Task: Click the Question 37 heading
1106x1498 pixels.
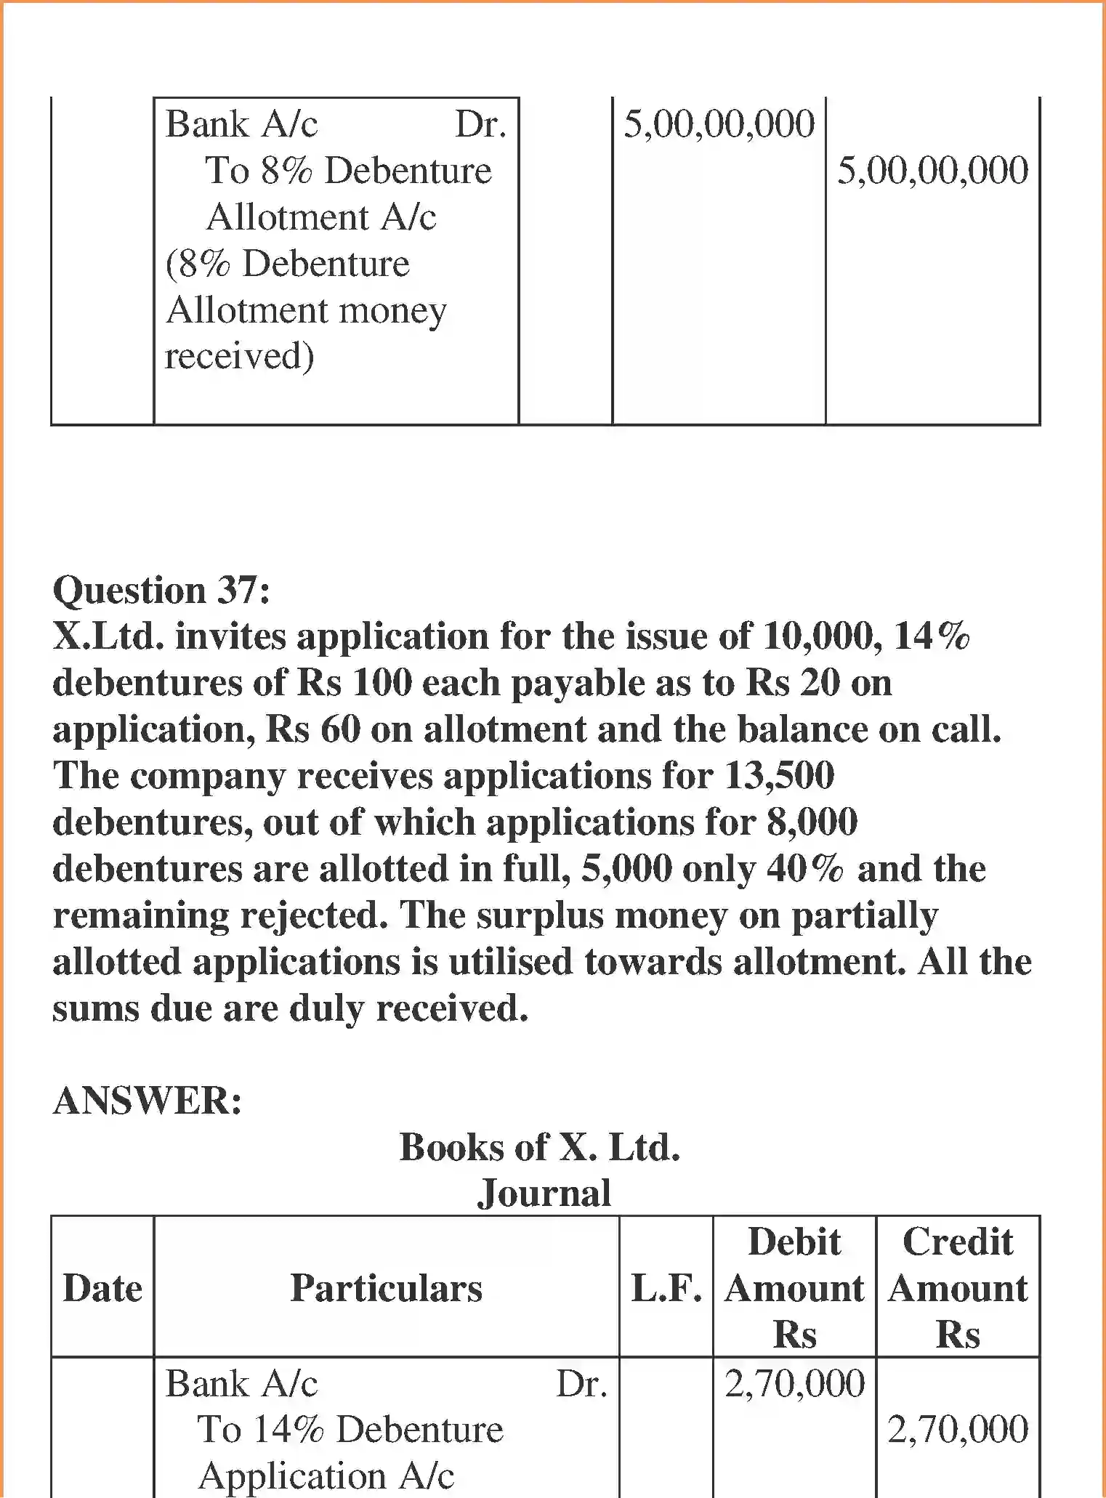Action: click(x=161, y=590)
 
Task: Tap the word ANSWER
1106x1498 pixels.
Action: click(x=148, y=1101)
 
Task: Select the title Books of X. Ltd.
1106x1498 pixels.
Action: click(x=540, y=1147)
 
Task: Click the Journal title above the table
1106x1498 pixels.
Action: click(x=544, y=1194)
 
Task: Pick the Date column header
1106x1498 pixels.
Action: click(x=102, y=1288)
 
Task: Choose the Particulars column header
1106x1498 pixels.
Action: click(x=386, y=1288)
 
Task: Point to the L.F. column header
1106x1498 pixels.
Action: click(x=666, y=1288)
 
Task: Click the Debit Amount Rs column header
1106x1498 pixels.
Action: click(x=794, y=1288)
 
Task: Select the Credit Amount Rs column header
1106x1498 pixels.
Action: click(x=958, y=1288)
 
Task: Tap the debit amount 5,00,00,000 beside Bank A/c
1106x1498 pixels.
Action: click(x=719, y=124)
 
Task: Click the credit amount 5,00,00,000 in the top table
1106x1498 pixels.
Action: click(x=932, y=171)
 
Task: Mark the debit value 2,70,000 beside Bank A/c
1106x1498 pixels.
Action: click(x=794, y=1384)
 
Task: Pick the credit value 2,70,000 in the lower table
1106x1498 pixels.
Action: click(x=958, y=1430)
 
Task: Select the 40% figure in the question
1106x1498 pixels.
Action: click(x=804, y=869)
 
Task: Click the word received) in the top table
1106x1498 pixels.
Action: click(x=239, y=356)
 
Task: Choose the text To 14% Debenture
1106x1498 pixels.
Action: click(x=350, y=1430)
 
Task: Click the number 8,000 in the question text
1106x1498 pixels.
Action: click(x=812, y=822)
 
